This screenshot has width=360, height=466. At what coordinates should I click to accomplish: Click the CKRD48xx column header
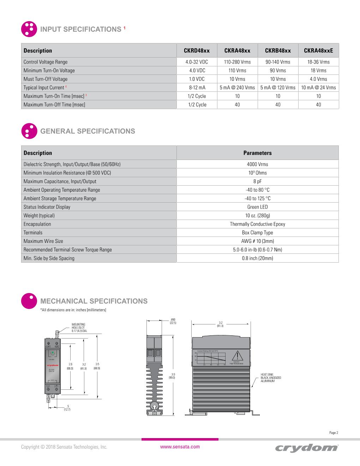click(x=197, y=50)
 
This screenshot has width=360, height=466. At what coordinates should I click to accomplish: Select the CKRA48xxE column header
click(x=318, y=50)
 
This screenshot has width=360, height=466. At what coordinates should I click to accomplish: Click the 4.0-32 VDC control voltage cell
click(x=197, y=62)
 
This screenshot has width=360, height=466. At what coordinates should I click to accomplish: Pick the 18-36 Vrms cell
click(x=318, y=62)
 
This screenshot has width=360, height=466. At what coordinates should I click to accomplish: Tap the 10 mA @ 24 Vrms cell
click(x=318, y=88)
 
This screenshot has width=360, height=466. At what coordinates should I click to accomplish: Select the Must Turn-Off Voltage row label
click(x=46, y=79)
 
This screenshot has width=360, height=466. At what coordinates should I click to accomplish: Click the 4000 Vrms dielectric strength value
click(x=257, y=164)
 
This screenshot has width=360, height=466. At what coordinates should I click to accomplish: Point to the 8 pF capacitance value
click(x=257, y=181)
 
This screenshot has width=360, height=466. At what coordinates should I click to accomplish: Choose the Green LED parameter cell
click(x=257, y=207)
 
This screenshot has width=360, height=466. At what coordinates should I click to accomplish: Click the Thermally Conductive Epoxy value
click(x=257, y=224)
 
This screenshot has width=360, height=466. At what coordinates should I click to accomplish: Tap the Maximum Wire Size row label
click(x=43, y=241)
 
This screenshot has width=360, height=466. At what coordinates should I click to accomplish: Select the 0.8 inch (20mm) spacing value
click(x=257, y=258)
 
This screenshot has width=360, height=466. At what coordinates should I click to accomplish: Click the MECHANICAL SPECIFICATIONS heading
click(x=94, y=301)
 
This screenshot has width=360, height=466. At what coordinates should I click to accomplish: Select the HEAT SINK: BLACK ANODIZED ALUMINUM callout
click(x=271, y=377)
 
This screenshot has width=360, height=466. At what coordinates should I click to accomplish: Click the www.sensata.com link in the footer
click(x=180, y=447)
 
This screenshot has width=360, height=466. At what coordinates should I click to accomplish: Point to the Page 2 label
click(x=334, y=432)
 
